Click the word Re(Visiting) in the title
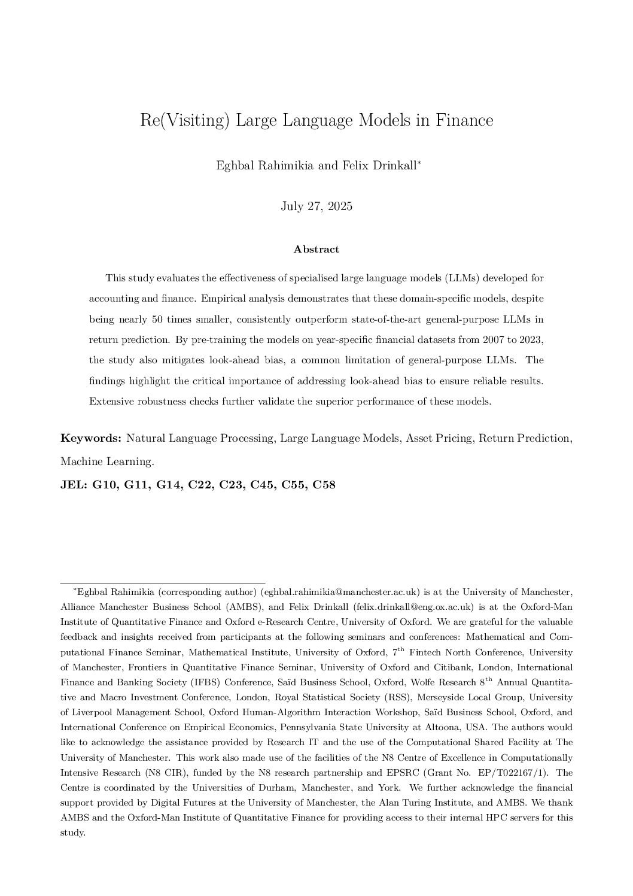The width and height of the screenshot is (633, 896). (x=185, y=120)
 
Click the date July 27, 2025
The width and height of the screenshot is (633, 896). (x=316, y=206)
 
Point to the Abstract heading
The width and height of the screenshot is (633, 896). (x=316, y=249)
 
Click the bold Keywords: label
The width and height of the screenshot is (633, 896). (x=91, y=438)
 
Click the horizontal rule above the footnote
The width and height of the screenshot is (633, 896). (x=163, y=583)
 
